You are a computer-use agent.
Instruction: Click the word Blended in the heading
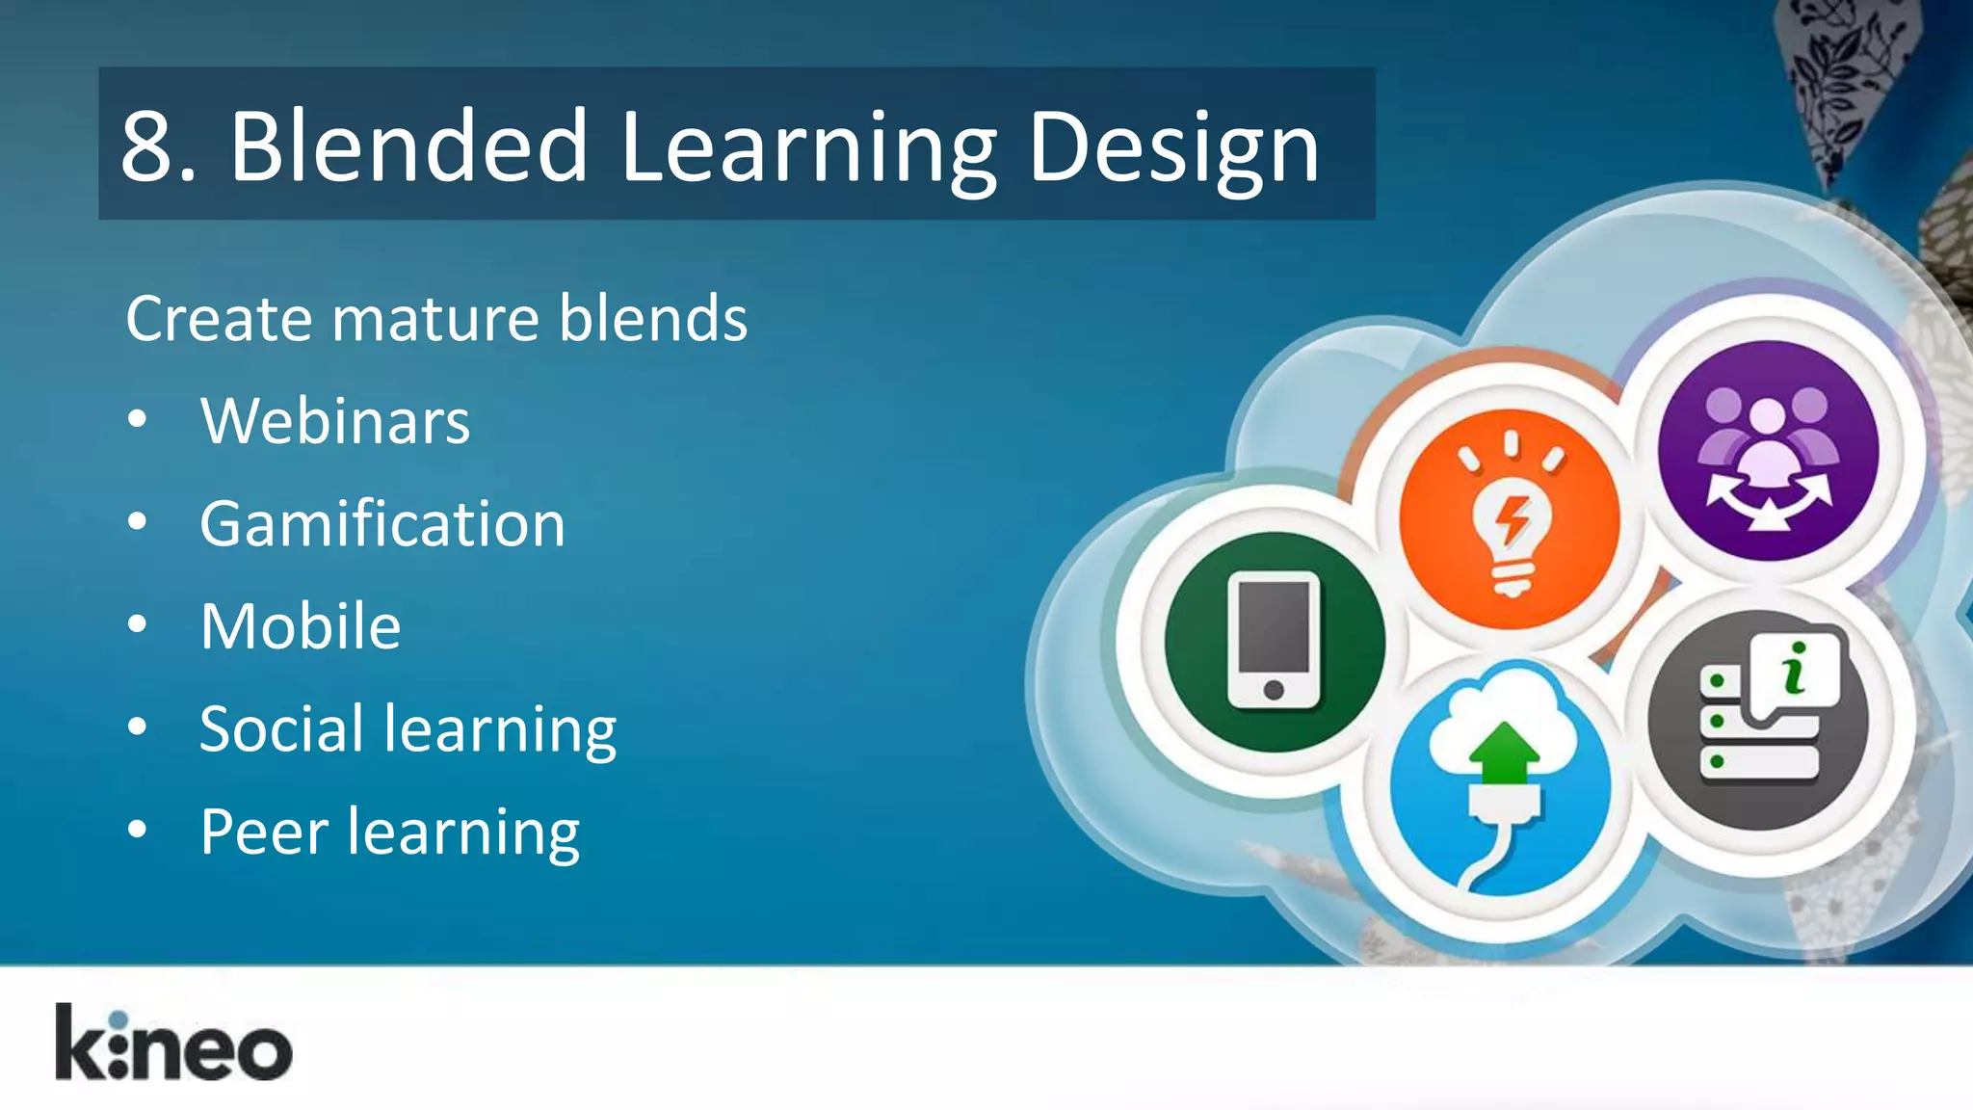pyautogui.click(x=408, y=146)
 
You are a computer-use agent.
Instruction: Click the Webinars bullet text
pyautogui.click(x=335, y=421)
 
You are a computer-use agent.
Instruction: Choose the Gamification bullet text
pyautogui.click(x=382, y=524)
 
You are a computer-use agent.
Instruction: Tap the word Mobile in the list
pyautogui.click(x=301, y=626)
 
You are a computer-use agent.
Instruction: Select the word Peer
pyautogui.click(x=264, y=832)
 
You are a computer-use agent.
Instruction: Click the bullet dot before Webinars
pyautogui.click(x=138, y=419)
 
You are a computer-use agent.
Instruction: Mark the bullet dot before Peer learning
pyautogui.click(x=138, y=829)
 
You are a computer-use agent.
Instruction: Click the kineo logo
pyautogui.click(x=173, y=1044)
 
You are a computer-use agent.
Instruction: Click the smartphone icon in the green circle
pyautogui.click(x=1274, y=641)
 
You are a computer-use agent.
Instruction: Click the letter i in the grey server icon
pyautogui.click(x=1795, y=668)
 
